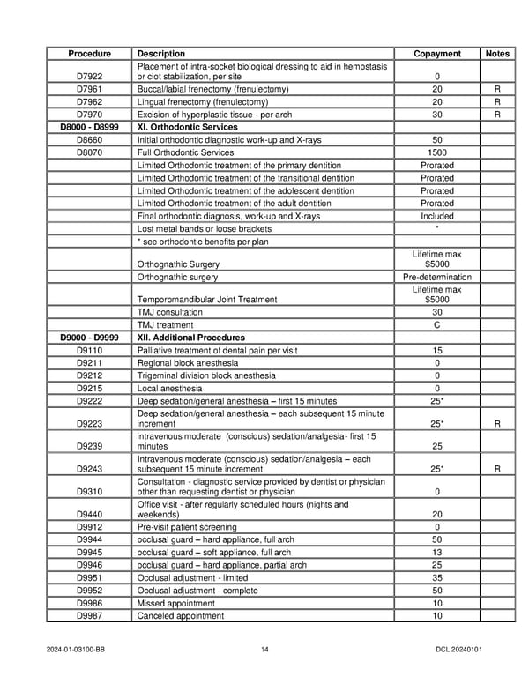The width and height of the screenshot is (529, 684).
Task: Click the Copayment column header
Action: pos(437,54)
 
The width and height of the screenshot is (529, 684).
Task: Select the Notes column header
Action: pos(497,54)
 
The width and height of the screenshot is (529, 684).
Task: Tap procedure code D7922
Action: pos(89,77)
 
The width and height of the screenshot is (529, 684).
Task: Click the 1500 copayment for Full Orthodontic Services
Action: pos(437,152)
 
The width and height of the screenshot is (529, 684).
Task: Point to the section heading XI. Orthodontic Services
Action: pos(188,127)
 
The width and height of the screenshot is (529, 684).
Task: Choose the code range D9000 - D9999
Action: pos(89,338)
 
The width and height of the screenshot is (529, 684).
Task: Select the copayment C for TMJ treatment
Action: pos(437,325)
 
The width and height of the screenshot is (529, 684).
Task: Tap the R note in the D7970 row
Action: pos(497,115)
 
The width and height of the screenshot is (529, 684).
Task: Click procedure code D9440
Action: pos(89,515)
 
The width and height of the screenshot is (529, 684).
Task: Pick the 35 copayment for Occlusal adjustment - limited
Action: pos(437,578)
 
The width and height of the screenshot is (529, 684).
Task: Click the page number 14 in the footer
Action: pos(264,650)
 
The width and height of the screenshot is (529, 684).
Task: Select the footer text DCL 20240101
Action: pos(458,650)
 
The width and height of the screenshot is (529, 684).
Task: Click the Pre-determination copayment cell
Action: pos(437,277)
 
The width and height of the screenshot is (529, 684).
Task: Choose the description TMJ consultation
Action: pos(170,312)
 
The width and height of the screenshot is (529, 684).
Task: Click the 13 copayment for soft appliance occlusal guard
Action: pos(437,553)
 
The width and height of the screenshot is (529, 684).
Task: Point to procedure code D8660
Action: pos(89,140)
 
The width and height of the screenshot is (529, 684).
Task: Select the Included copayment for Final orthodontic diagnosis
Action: pos(437,216)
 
